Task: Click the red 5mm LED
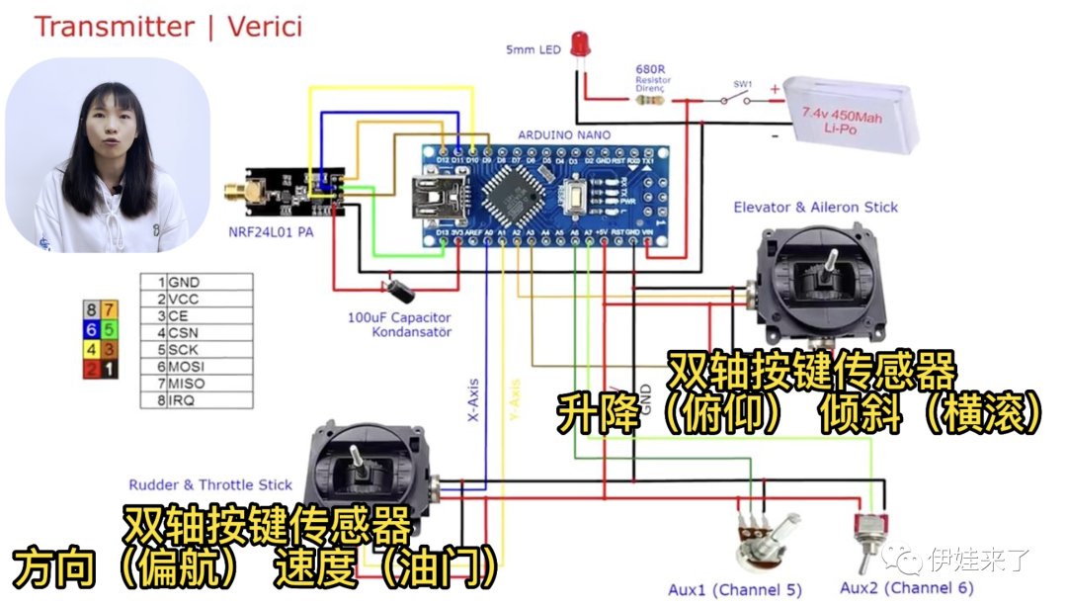coord(580,43)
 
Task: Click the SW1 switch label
coord(742,85)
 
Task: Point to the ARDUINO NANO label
coord(564,134)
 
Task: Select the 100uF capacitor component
coord(401,290)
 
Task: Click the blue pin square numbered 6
coord(91,330)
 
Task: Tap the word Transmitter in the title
coord(115,27)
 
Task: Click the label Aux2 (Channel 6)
coord(906,589)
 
